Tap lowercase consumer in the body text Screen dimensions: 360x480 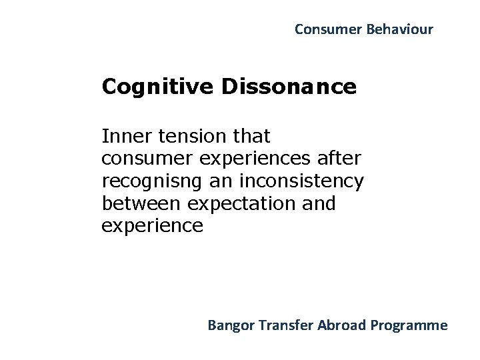141,159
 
